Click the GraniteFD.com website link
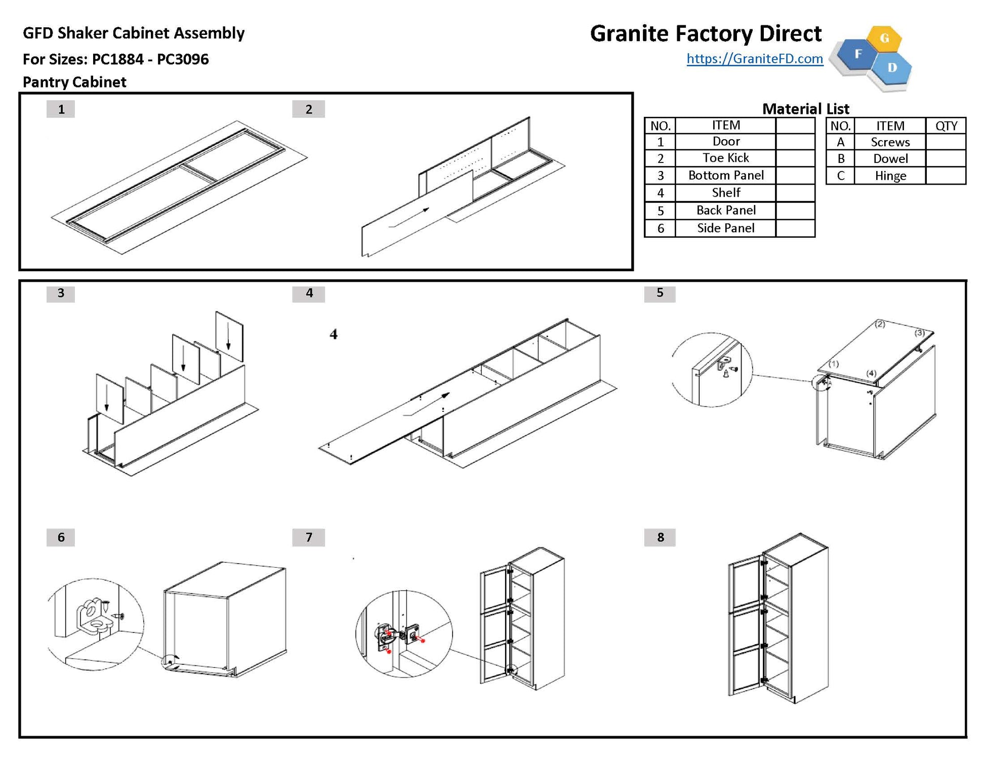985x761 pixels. (x=754, y=59)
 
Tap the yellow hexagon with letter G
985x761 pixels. (x=884, y=38)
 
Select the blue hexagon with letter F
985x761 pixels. (x=858, y=54)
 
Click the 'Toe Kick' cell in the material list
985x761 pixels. (x=725, y=158)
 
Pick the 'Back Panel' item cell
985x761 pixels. (x=725, y=210)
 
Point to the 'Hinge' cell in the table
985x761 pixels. (x=890, y=176)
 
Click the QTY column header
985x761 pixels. (x=946, y=125)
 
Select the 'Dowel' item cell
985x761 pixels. (x=890, y=158)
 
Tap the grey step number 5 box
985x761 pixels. (x=660, y=293)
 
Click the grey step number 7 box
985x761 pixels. (x=309, y=537)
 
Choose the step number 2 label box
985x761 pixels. (x=308, y=109)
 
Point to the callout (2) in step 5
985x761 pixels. (x=880, y=324)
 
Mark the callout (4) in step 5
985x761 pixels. (x=871, y=373)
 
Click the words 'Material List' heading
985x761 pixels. (x=805, y=109)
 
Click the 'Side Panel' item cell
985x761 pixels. (x=725, y=228)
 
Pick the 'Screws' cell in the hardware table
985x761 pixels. (x=890, y=142)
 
